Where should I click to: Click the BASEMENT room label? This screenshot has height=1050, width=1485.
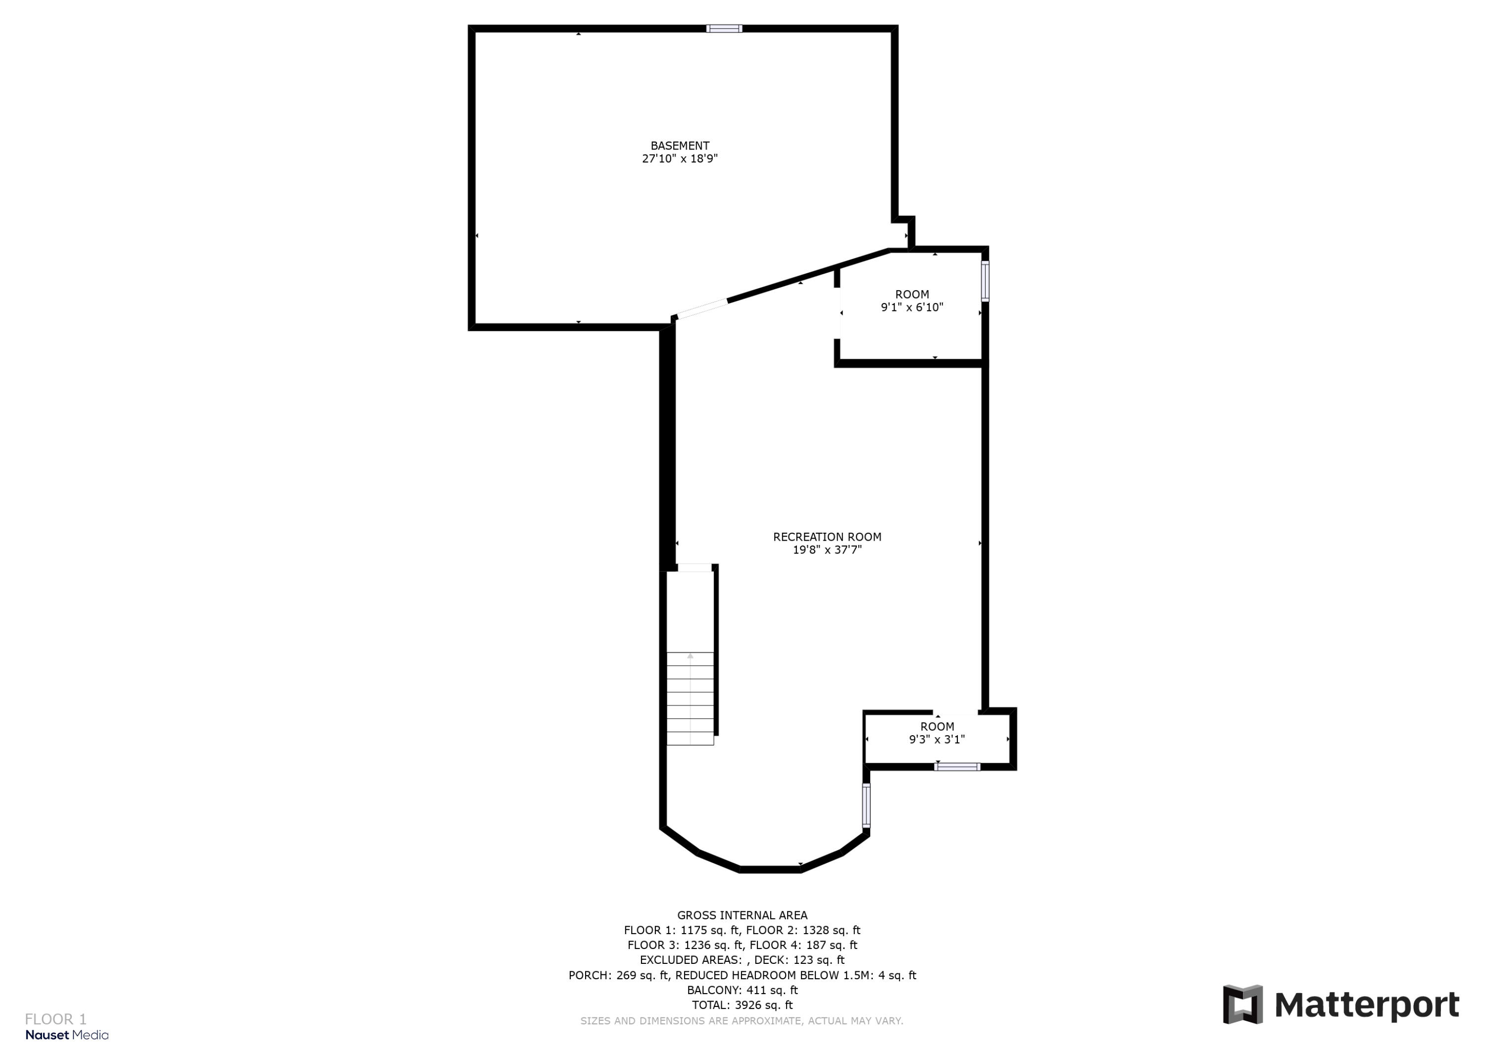(680, 146)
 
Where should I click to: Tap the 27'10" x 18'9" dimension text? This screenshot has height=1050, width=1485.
(680, 159)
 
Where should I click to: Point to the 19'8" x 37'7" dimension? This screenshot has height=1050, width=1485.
(827, 550)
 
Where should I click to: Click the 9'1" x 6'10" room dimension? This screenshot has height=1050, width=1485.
(912, 308)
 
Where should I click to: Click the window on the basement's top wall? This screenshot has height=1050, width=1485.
(724, 29)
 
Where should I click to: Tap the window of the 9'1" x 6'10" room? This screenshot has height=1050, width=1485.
(985, 281)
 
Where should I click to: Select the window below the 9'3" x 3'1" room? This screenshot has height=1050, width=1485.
(957, 767)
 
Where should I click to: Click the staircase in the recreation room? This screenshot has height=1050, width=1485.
(690, 699)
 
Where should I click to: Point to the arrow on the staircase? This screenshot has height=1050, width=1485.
(690, 656)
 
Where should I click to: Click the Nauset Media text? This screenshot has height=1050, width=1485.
(67, 1035)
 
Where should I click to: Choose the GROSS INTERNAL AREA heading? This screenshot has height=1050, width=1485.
(742, 915)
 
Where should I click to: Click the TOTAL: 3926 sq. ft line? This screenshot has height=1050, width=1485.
(742, 1005)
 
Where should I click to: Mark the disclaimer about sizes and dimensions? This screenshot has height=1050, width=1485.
(742, 1021)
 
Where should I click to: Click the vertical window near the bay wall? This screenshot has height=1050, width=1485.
(866, 805)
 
